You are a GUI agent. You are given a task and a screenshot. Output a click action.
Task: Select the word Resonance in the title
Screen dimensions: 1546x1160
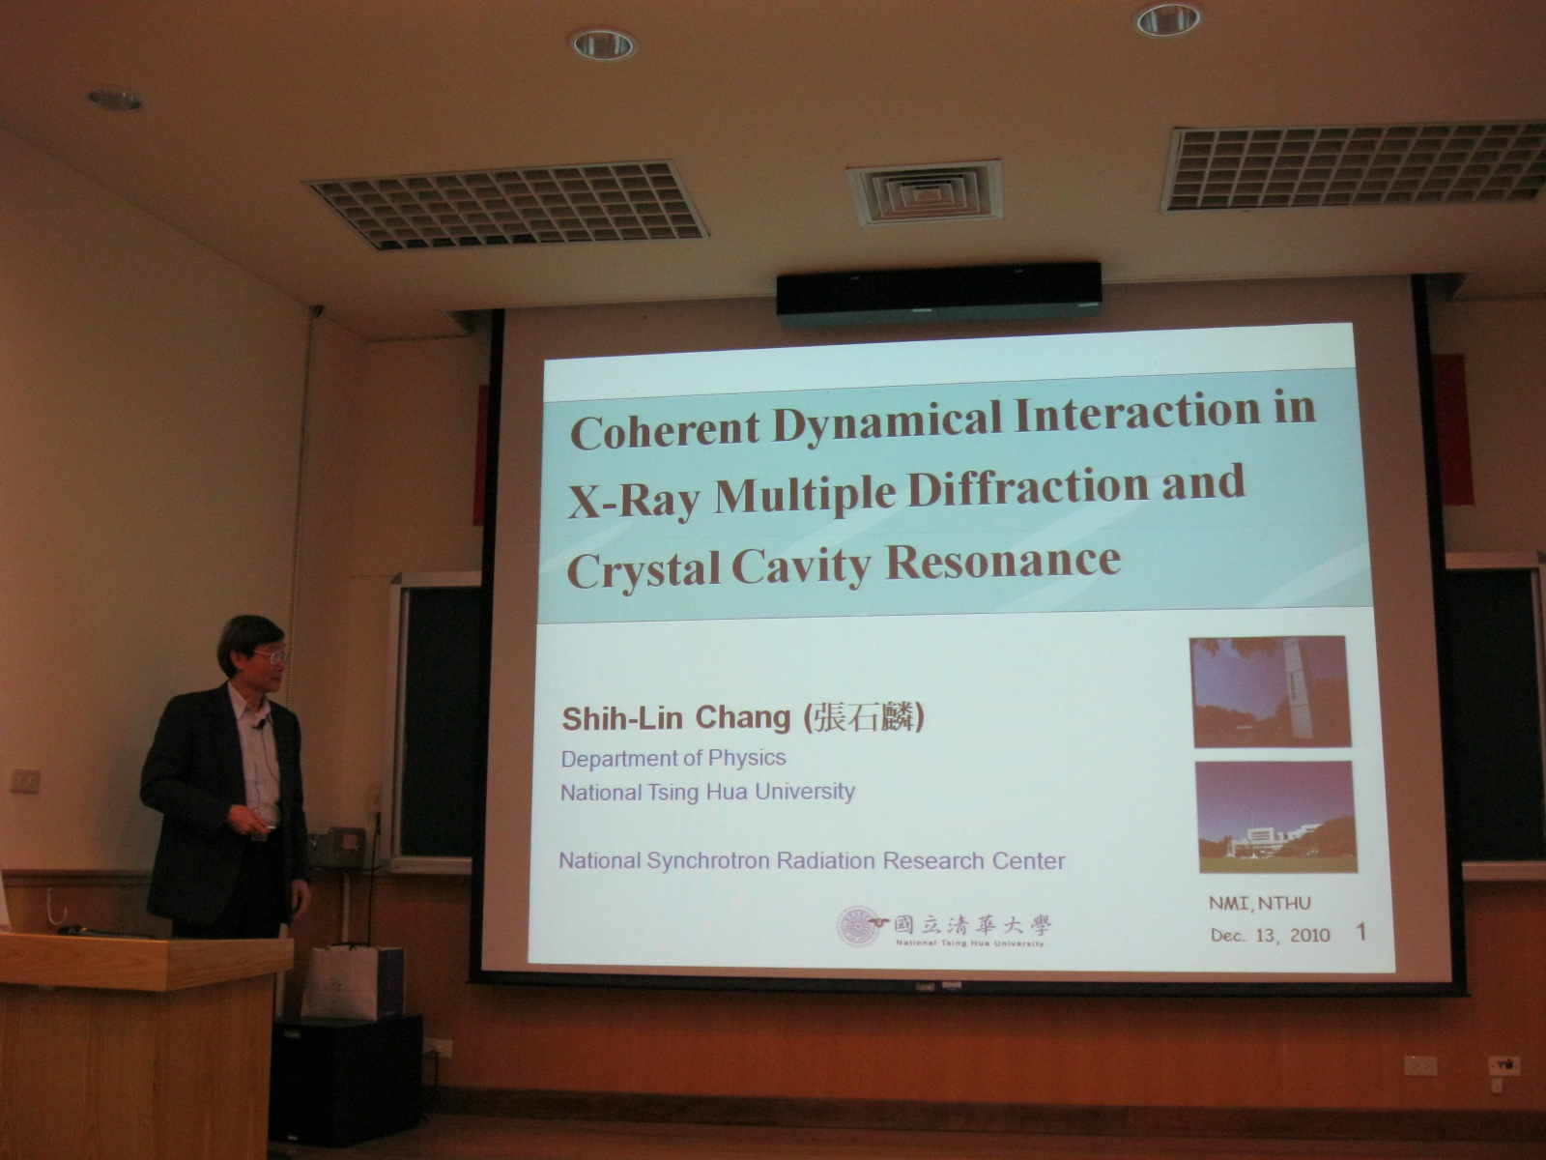[1003, 562]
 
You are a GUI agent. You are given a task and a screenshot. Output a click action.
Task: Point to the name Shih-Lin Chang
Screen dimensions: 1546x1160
[676, 718]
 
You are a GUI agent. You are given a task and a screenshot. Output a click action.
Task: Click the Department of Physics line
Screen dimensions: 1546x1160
[673, 759]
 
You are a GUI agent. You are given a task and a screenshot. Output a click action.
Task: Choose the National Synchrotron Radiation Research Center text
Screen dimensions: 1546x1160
[812, 860]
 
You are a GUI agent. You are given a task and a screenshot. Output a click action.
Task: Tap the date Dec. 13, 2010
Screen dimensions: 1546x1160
[1270, 936]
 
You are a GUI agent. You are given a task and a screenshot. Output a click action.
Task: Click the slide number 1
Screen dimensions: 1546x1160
[1361, 933]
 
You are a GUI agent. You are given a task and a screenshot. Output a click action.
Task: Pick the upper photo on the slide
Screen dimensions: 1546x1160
[1270, 691]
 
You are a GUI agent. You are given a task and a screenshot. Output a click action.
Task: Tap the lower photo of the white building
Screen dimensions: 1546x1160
[1276, 817]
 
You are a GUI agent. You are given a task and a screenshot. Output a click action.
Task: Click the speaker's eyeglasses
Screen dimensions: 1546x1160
[271, 656]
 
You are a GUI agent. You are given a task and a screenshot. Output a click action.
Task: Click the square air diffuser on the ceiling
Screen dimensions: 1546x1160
[925, 191]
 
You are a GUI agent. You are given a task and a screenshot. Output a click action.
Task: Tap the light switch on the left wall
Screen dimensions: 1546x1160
[25, 780]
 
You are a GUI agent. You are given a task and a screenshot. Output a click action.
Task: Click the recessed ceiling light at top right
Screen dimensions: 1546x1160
[1168, 19]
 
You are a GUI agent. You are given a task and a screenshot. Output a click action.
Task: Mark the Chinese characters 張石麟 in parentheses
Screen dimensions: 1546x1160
[863, 717]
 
